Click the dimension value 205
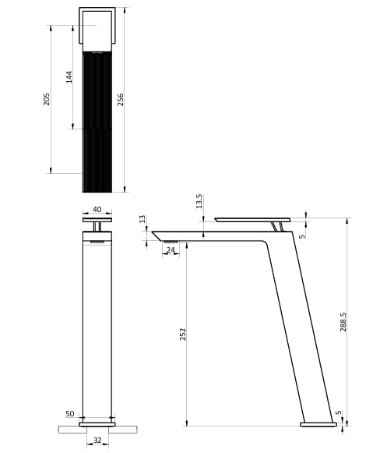pos(47,99)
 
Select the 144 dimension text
pos(69,76)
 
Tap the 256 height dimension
pos(120,99)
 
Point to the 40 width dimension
pos(97,210)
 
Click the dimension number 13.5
pos(199,201)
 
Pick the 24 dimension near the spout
pos(171,250)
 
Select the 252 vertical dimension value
pos(183,334)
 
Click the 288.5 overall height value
pos(343,321)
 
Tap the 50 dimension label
pos(70,414)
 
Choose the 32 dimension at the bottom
pos(97,441)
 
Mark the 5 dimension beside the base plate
pos(339,413)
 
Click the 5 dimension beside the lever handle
pos(302,236)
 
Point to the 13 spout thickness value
pos(143,219)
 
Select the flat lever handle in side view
pos(252,220)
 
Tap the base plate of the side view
pos(318,424)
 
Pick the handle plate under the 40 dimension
pos(97,220)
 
